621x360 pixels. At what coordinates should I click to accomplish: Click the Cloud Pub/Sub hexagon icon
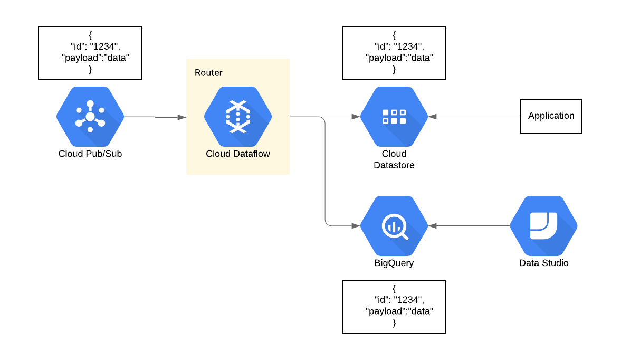point(90,117)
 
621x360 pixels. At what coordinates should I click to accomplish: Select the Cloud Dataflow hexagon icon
point(238,117)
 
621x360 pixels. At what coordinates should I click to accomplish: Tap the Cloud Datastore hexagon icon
point(394,117)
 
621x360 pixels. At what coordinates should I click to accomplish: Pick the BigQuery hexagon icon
point(394,226)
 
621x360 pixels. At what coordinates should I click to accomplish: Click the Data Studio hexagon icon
point(543,226)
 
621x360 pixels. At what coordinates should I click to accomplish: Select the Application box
point(551,116)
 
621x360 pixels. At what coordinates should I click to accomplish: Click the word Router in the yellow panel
point(208,73)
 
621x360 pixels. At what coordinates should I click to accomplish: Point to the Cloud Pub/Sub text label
point(90,154)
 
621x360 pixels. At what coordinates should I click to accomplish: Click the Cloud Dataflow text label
point(238,154)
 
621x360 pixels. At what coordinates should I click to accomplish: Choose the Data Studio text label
point(543,263)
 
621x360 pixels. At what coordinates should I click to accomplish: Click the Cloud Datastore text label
point(394,159)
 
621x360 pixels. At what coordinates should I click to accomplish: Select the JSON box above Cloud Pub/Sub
point(90,53)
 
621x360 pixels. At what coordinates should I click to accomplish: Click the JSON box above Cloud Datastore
point(394,53)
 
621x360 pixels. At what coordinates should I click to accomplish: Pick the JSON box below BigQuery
point(394,307)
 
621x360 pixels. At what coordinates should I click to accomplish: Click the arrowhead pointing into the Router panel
point(182,117)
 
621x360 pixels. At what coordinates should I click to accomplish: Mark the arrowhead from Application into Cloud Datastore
point(433,117)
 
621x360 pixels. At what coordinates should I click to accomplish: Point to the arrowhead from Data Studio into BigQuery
point(433,226)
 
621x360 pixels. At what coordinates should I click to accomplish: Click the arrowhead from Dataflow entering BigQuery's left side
point(356,226)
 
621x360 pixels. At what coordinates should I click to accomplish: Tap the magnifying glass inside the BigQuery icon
point(394,228)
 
